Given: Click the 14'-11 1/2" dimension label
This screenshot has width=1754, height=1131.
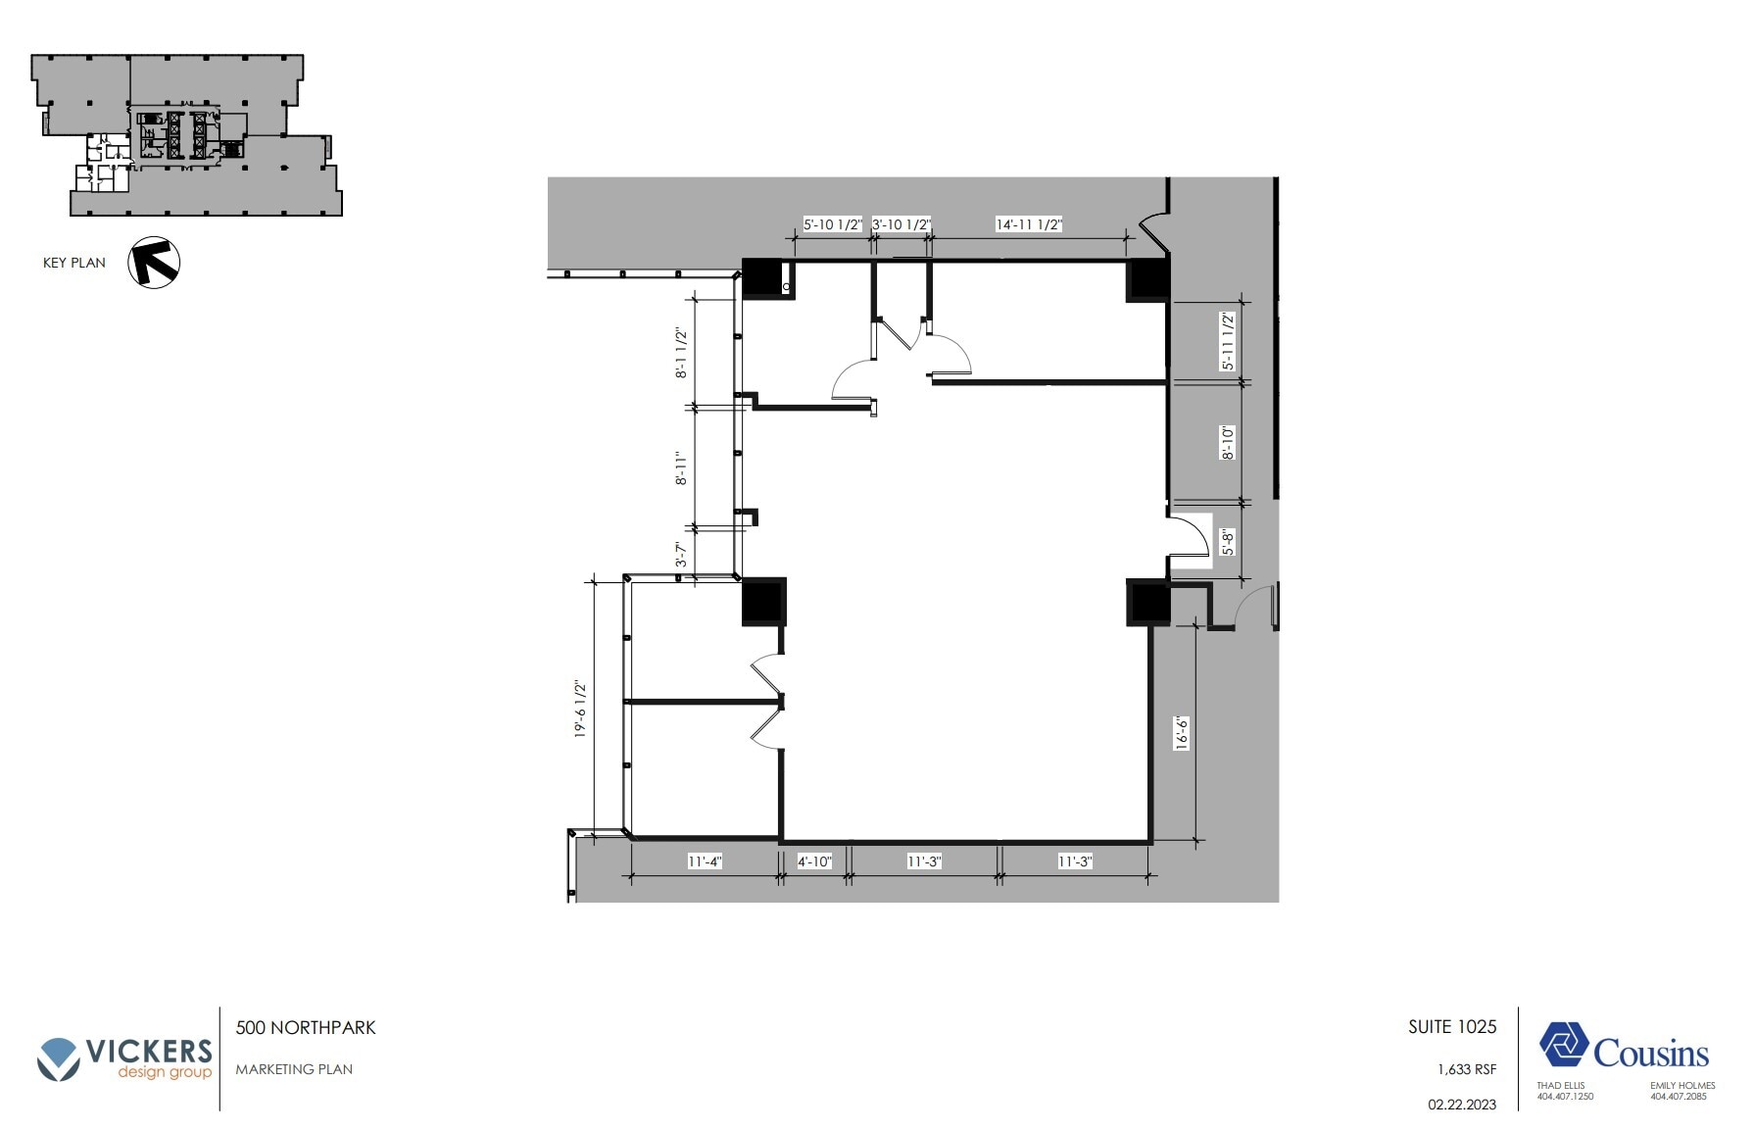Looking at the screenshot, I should (x=1029, y=224).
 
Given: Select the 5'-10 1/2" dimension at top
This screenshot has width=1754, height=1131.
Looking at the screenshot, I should (x=833, y=224).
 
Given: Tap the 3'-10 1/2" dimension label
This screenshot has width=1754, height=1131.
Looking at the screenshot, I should (x=901, y=224).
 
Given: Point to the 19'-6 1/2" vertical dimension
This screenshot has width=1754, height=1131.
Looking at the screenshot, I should (x=580, y=709).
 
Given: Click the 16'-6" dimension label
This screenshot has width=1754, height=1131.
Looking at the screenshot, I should (x=1182, y=733).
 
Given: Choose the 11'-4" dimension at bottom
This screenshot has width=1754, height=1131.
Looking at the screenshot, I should (x=705, y=861).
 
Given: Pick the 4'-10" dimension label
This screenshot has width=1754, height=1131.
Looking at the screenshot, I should (x=814, y=861).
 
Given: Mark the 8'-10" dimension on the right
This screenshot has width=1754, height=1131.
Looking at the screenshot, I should (x=1228, y=442).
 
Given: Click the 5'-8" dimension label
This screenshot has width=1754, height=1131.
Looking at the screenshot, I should (x=1228, y=542).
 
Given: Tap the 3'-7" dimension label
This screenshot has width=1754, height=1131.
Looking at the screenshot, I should (x=681, y=555).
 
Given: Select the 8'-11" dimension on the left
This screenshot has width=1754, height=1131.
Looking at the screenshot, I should (x=681, y=468).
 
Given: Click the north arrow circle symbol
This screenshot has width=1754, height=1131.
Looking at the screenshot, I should (x=154, y=263).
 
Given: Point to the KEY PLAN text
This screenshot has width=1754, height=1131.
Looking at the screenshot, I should (x=74, y=263).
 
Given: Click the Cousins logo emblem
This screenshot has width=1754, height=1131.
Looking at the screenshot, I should (x=1564, y=1045).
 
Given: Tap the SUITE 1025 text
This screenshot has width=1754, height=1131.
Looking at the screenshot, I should (x=1452, y=1027).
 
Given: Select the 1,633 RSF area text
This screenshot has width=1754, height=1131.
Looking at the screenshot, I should (x=1467, y=1069).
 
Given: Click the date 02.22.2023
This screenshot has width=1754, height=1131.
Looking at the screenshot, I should (x=1462, y=1105).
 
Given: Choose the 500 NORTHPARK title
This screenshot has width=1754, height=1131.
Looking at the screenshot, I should (x=306, y=1028).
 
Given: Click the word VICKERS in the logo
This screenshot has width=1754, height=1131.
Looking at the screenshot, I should (x=149, y=1052).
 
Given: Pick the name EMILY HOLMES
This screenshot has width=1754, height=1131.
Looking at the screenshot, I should (x=1682, y=1086).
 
